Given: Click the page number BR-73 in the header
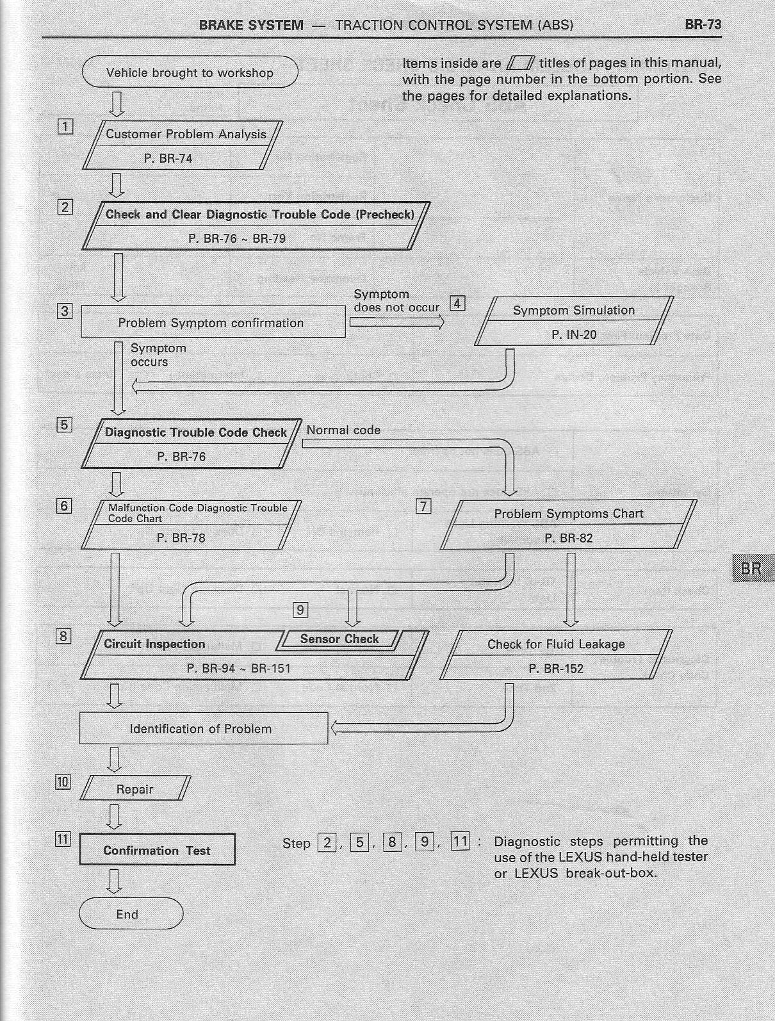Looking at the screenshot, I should [703, 25].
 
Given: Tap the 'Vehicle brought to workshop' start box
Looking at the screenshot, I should [190, 72].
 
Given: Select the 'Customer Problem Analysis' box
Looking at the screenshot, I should [186, 145].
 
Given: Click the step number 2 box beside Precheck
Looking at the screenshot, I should [65, 207].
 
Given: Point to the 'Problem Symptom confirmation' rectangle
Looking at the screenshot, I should [212, 323].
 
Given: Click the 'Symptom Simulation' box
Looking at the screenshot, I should [574, 322].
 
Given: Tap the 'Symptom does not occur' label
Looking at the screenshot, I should [396, 300].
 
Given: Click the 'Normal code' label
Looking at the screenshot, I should [343, 430].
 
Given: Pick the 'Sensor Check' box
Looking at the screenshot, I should [339, 639].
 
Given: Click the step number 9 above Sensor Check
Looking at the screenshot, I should [300, 609].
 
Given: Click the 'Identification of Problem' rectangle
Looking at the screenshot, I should [202, 729].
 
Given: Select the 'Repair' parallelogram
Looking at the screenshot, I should [135, 789].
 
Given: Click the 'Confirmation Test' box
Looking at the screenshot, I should [157, 851].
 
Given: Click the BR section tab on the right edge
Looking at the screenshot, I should [751, 569].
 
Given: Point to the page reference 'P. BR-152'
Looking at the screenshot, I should [556, 669].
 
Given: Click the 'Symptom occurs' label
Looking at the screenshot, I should [150, 355].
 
